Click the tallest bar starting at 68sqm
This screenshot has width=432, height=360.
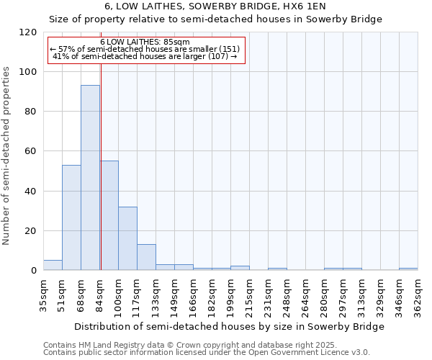pos(90,178)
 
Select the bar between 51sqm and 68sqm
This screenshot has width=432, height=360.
pos(71,217)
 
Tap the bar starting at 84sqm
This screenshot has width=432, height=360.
pos(109,215)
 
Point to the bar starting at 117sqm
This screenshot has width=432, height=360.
pos(146,257)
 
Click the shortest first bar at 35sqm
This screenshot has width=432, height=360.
pos(53,265)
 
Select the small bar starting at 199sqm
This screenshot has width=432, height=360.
pos(240,268)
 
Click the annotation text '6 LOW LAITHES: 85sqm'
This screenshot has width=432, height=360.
pos(145,42)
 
